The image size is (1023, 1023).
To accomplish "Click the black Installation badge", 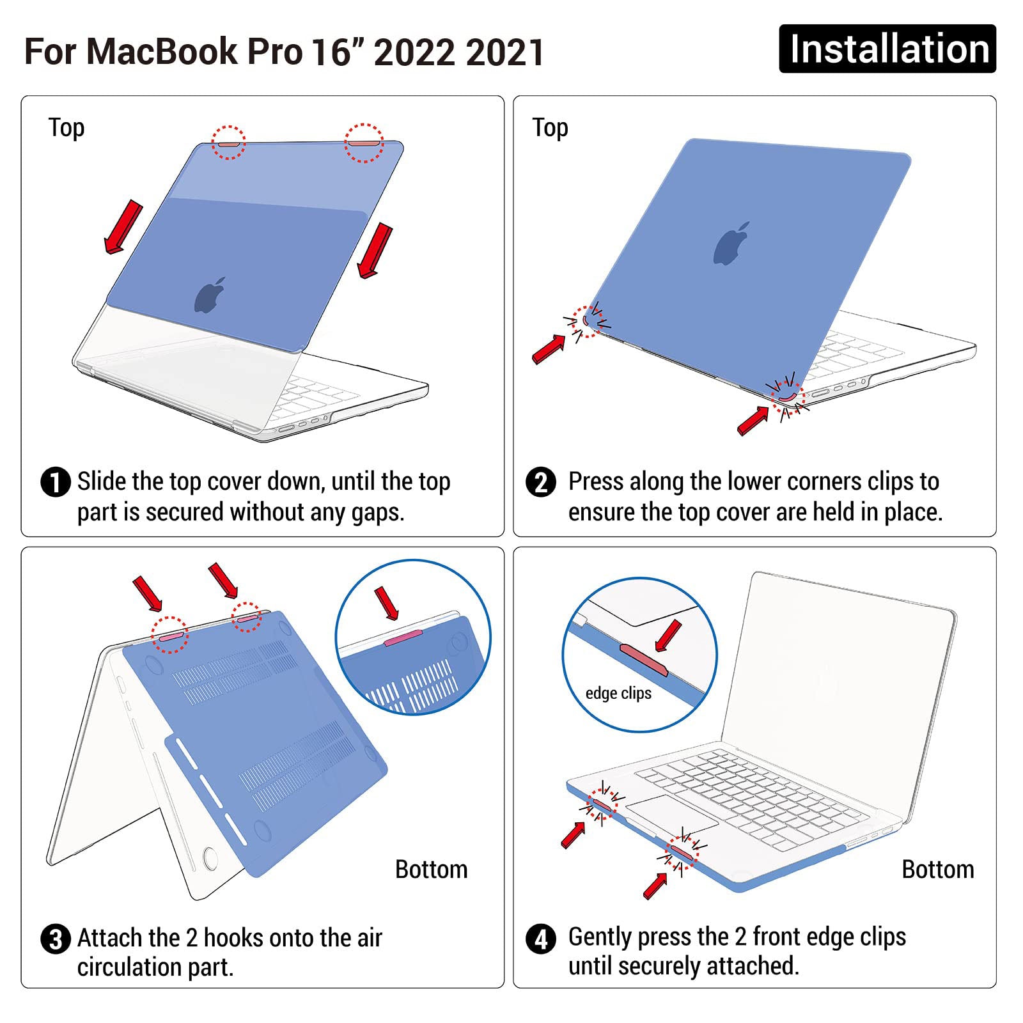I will (887, 49).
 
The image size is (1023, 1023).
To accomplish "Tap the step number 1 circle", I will (55, 482).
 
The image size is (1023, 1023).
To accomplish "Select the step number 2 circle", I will (541, 482).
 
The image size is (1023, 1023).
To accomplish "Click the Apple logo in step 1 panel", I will (210, 295).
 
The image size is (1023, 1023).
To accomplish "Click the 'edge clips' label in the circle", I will (618, 693).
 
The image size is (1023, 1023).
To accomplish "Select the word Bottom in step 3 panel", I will (431, 870).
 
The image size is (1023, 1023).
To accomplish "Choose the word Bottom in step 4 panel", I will (937, 870).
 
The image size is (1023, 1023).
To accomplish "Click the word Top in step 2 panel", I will (550, 128).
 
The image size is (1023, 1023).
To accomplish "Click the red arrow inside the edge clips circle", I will (668, 636).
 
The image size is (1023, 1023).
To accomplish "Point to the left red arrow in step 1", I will (123, 227).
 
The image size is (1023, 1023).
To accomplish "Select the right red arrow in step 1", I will (375, 251).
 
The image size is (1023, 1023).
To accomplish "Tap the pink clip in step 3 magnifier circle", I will (403, 637).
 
